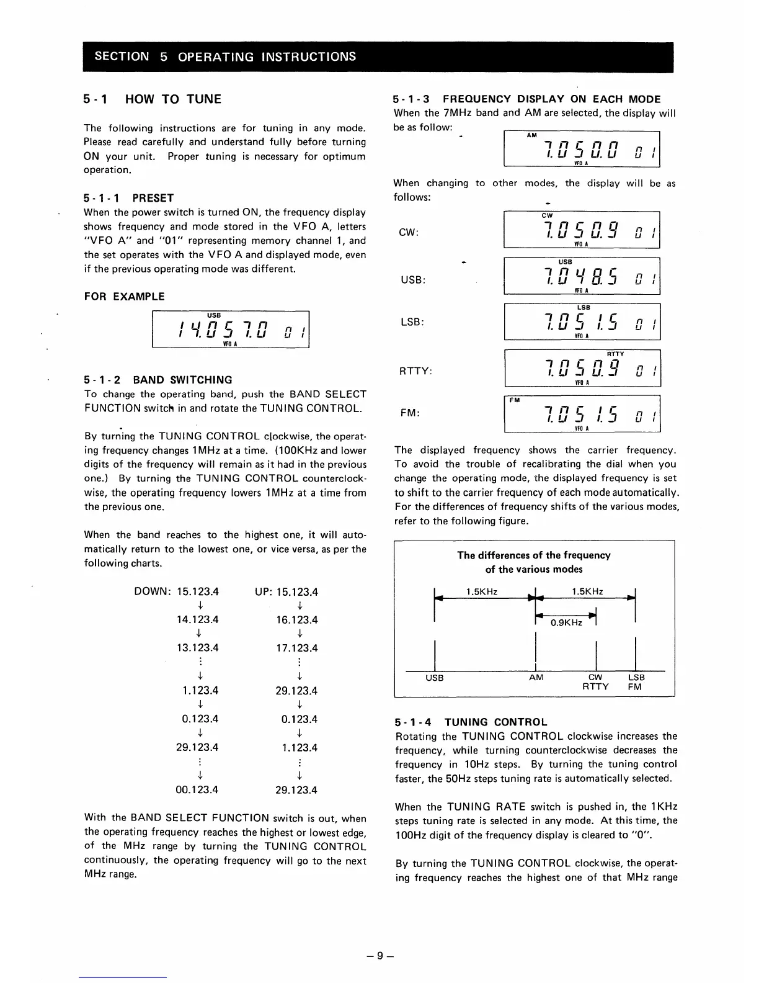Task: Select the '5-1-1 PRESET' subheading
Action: pyautogui.click(x=128, y=198)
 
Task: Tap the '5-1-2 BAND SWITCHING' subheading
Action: pyautogui.click(x=158, y=380)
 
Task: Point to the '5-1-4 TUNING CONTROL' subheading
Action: pyautogui.click(x=471, y=722)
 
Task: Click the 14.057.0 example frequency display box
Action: pyautogui.click(x=230, y=330)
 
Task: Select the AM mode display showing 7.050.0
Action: pyautogui.click(x=582, y=149)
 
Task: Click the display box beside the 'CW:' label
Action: pyautogui.click(x=582, y=230)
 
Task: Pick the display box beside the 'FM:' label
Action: pyautogui.click(x=582, y=413)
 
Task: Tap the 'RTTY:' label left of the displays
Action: pyautogui.click(x=415, y=371)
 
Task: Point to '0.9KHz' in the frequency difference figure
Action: pyautogui.click(x=566, y=622)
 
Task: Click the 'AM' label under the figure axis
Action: pyautogui.click(x=536, y=678)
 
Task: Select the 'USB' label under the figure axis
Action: pyautogui.click(x=435, y=678)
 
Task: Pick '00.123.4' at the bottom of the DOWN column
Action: pyautogui.click(x=197, y=790)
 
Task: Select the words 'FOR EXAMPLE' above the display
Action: pyautogui.click(x=124, y=297)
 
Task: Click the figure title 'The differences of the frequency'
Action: pyautogui.click(x=533, y=555)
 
